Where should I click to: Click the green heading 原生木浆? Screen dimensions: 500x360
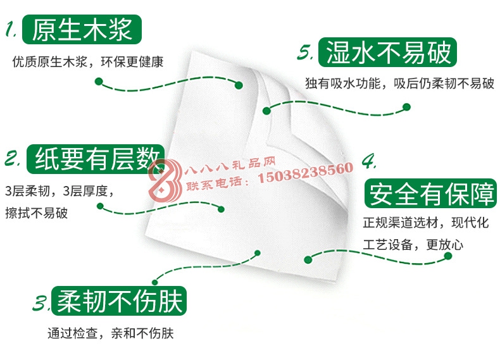pos(82,29)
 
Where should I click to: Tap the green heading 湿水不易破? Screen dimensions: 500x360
pos(387,53)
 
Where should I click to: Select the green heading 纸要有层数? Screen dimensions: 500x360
pos(96,159)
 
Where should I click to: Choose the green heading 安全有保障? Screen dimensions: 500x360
pos(431,194)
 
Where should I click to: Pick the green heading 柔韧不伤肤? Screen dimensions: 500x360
pos(119,301)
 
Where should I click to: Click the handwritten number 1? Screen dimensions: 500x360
pos(11,28)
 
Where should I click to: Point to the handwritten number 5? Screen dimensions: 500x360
pos(305,52)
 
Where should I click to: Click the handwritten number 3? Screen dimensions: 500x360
pos(41,303)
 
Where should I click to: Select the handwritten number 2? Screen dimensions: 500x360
pos(13,158)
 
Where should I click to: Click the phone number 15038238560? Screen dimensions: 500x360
pos(305,173)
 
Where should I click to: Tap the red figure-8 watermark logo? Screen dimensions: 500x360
pos(165,180)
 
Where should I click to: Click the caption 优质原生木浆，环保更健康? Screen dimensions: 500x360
pos(88,62)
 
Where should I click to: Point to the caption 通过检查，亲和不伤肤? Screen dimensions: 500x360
pos(110,333)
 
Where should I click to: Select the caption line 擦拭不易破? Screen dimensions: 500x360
pos(36,213)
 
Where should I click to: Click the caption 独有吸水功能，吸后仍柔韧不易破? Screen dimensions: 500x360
pos(399,84)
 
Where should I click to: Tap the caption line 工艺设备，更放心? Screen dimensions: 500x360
pos(413,245)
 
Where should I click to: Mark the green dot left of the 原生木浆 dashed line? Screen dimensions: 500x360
pos(99,82)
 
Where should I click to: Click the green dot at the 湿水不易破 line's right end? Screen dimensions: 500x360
pos(406,107)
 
